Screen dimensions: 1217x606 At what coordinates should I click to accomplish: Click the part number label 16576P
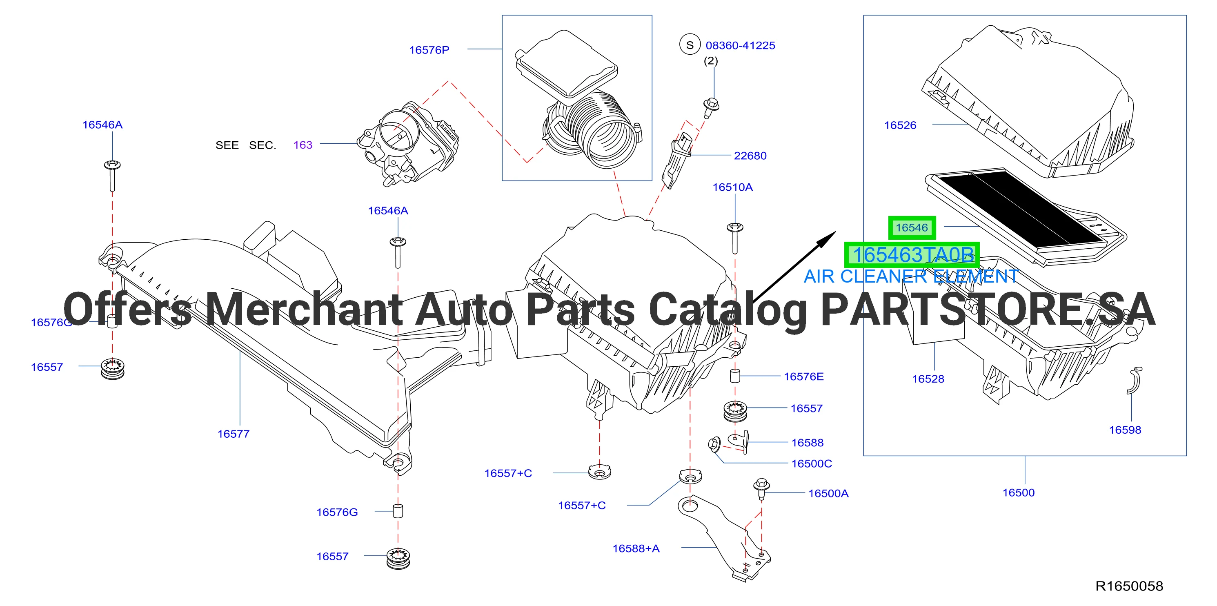429,50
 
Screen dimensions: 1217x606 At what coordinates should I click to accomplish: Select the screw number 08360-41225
740,45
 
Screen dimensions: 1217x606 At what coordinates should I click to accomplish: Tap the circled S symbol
690,45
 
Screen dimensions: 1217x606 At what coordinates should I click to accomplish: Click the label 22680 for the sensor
750,156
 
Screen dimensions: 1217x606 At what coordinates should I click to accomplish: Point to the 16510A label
732,187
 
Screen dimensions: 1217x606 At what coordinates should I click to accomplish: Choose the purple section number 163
303,145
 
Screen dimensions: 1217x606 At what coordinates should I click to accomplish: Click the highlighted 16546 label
912,228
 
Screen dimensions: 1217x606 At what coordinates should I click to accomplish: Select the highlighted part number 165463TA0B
912,255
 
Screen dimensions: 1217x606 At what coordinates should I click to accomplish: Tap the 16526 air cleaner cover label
900,125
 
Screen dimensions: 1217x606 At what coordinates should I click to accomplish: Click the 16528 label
928,379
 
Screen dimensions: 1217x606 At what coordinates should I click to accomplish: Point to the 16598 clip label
1125,430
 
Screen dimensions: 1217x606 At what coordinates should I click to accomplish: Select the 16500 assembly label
1019,492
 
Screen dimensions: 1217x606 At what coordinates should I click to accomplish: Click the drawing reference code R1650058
1129,586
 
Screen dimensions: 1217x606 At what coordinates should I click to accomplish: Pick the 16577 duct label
234,434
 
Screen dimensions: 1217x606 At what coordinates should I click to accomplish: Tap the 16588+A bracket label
636,548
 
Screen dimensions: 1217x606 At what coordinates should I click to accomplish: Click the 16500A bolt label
828,493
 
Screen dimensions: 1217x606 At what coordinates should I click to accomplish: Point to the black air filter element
1021,209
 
